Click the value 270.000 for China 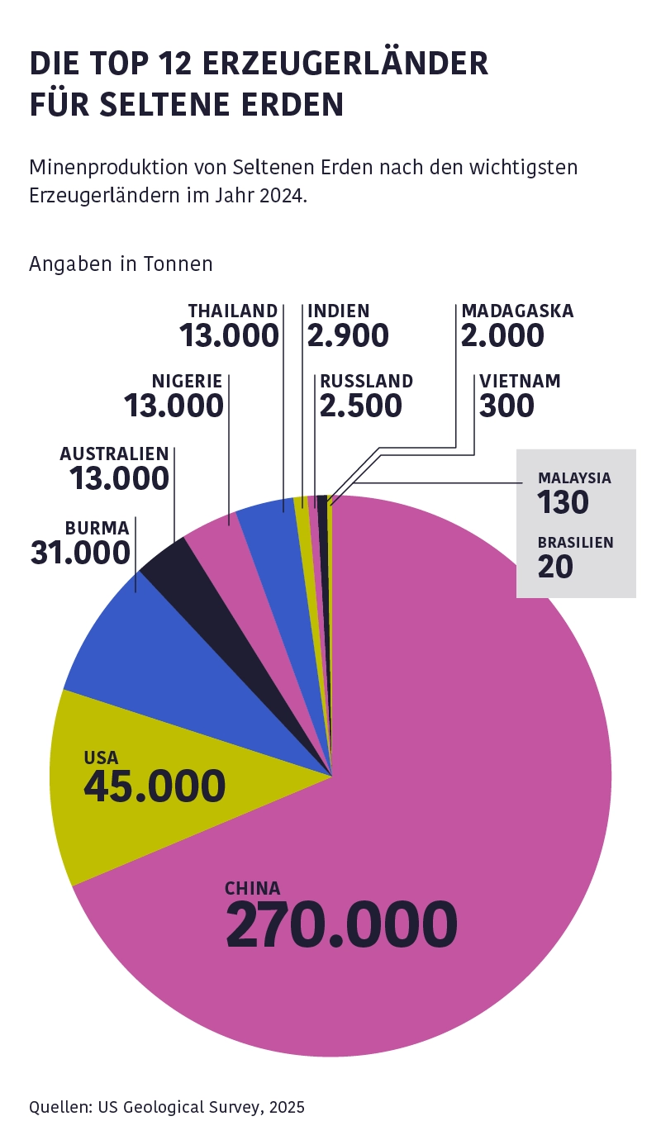coord(341,924)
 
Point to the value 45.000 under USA coord(155,786)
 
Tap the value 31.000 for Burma coord(80,553)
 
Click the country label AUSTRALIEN coord(114,454)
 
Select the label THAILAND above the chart coord(233,311)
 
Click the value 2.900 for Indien coord(348,335)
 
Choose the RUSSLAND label coord(367,381)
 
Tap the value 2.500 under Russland coord(361,406)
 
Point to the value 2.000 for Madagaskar coord(502,335)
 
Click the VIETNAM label coord(520,381)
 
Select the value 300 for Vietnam coord(506,406)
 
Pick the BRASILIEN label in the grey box coord(575,543)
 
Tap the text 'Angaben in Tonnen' coord(121,264)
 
